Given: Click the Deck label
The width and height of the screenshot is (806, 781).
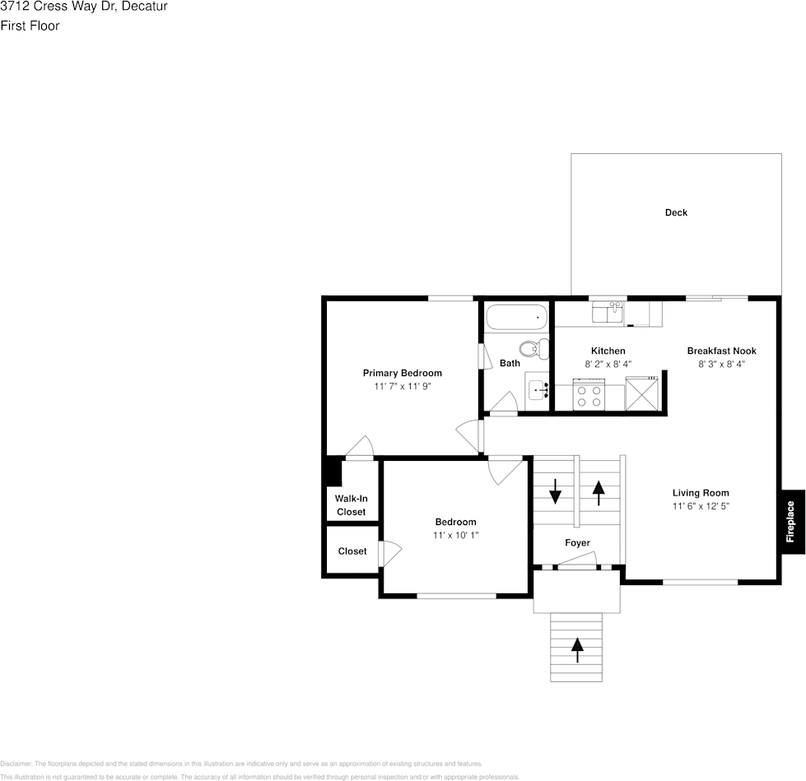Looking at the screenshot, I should (676, 213).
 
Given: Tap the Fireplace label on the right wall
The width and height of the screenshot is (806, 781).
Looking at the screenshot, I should (790, 522).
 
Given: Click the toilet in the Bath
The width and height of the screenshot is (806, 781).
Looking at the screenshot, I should (536, 349).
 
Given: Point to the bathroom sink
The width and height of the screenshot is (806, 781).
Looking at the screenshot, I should (537, 389).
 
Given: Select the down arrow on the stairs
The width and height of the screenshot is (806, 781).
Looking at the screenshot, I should (555, 491).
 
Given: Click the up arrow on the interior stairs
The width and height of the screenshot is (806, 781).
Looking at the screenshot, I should (598, 492).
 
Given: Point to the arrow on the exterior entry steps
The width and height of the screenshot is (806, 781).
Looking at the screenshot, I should (577, 650).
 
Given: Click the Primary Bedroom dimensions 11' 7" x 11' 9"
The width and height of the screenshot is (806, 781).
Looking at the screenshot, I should (403, 386).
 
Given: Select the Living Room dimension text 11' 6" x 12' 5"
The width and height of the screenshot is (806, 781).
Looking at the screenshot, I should (701, 507).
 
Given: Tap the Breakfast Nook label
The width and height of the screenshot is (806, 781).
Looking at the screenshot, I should (721, 351).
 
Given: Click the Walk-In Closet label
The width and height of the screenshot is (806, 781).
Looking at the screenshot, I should (351, 505).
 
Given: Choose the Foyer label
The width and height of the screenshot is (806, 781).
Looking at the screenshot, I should (577, 543).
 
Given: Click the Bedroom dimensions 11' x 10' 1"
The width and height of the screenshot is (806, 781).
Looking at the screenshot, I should (455, 535).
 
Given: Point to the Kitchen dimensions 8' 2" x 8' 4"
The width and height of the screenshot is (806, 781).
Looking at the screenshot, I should (608, 364).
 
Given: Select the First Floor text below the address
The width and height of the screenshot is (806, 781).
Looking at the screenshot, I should (30, 26).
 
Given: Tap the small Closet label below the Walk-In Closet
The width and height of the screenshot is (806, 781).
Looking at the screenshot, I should (352, 551).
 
